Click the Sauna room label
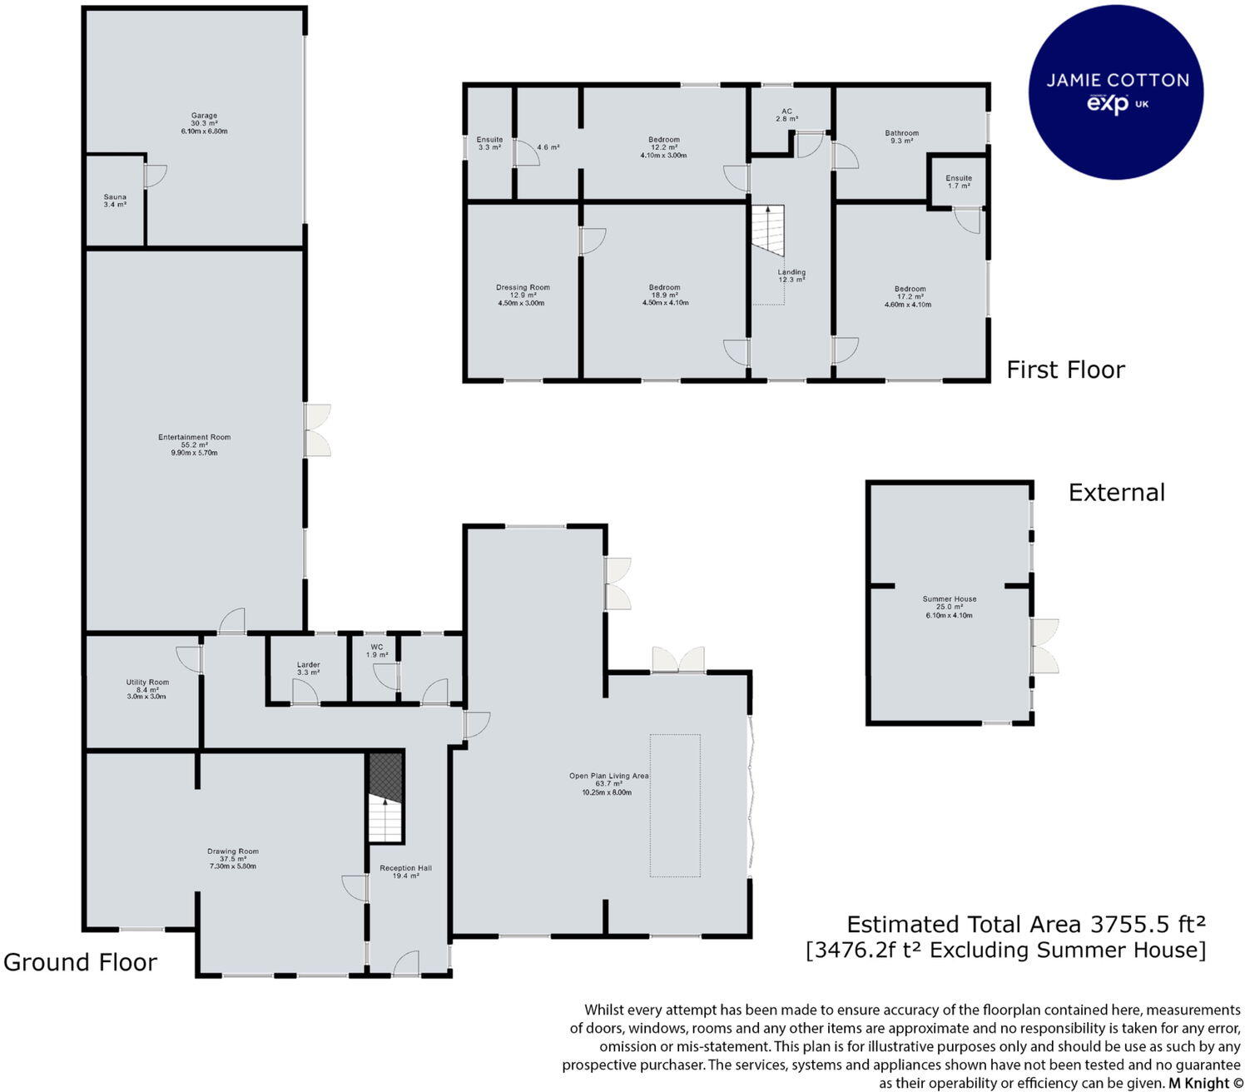coord(115,197)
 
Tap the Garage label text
coord(204,116)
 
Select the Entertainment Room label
coord(194,438)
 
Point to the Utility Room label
coord(147,682)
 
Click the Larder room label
coord(309,664)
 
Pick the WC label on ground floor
coord(377,647)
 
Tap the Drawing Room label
coord(233,851)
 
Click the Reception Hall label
coord(405,868)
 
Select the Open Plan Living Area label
coord(608,776)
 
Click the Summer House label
coord(950,598)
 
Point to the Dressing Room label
coord(523,287)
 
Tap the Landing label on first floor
coord(791,271)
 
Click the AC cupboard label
coord(787,112)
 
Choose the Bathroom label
coord(902,132)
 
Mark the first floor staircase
coord(768,231)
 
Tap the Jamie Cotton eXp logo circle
coord(1116,92)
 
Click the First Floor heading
coord(1065,370)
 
